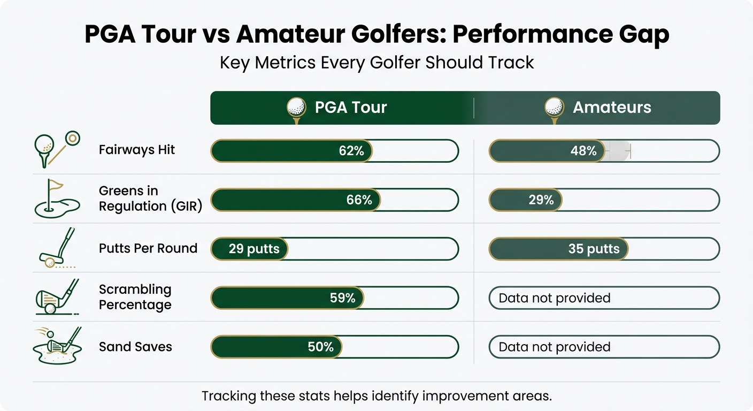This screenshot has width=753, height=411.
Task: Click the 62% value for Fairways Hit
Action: click(351, 151)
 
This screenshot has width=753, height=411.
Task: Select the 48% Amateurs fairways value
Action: click(583, 151)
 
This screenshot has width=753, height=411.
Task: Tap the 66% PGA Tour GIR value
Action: click(359, 200)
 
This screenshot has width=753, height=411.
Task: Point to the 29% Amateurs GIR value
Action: click(541, 200)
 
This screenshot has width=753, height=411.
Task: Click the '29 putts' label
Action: click(254, 249)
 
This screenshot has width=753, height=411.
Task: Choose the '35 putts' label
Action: click(594, 249)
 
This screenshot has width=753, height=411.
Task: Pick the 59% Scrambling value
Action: click(343, 298)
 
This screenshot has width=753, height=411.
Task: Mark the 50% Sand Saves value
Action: click(321, 347)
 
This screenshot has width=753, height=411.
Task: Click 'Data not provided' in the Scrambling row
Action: click(555, 298)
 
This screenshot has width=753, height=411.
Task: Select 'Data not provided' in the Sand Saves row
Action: click(555, 347)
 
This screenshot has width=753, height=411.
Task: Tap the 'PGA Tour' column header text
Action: click(350, 108)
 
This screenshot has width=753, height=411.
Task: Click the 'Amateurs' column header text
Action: click(612, 108)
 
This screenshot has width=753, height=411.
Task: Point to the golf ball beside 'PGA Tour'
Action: click(296, 106)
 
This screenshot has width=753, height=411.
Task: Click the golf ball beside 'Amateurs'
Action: click(554, 106)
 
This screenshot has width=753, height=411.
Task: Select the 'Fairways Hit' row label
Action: click(137, 150)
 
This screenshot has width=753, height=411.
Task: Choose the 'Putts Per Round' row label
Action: click(148, 248)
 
